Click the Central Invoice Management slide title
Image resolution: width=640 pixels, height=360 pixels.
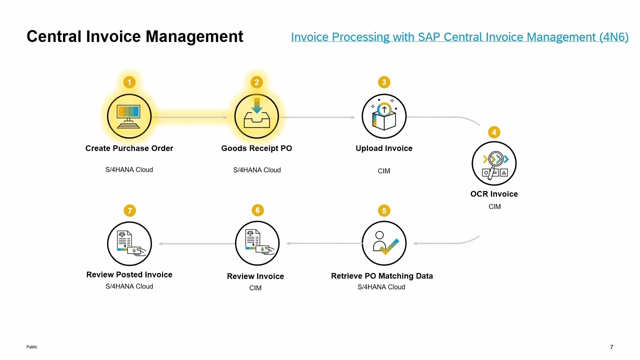[x=135, y=36]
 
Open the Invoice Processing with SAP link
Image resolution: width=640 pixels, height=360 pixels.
[x=459, y=37]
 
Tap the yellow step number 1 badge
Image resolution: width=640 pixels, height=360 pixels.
[x=129, y=82]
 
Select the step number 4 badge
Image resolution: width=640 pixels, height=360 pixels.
[x=494, y=132]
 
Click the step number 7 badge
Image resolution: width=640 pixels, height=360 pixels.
[x=129, y=210]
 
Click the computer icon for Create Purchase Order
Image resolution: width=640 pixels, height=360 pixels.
[x=129, y=116]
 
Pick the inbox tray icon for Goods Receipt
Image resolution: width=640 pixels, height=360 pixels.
[x=256, y=116]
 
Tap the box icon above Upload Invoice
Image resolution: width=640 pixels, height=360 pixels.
[x=384, y=116]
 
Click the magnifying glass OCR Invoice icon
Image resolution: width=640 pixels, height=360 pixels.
[x=494, y=163]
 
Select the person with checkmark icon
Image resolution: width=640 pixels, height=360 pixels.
[x=384, y=243]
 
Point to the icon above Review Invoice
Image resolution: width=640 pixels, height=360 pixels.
[x=257, y=243]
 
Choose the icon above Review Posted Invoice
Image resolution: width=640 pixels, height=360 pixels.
[x=129, y=243]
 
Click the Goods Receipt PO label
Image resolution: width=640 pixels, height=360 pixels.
[x=256, y=148]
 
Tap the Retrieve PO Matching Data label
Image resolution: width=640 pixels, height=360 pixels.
[x=382, y=276]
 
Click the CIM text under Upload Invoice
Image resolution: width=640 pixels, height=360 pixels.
[x=384, y=171]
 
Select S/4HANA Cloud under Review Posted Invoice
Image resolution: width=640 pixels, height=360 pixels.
[x=129, y=286]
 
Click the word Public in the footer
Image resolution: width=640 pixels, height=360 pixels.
[x=32, y=346]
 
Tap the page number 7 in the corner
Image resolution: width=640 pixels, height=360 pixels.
[x=611, y=347]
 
